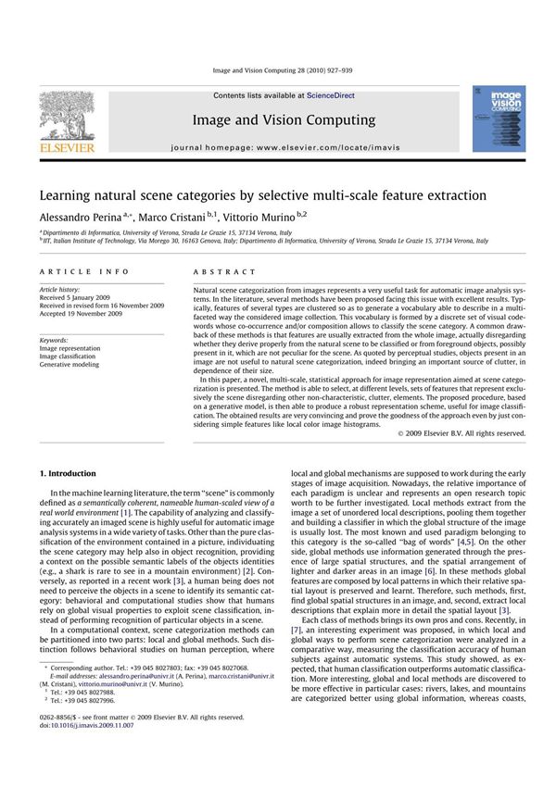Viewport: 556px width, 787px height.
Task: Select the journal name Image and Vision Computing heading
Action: tap(284, 119)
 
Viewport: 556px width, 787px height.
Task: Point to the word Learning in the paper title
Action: tap(68, 195)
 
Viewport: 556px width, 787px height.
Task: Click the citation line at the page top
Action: tap(284, 70)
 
